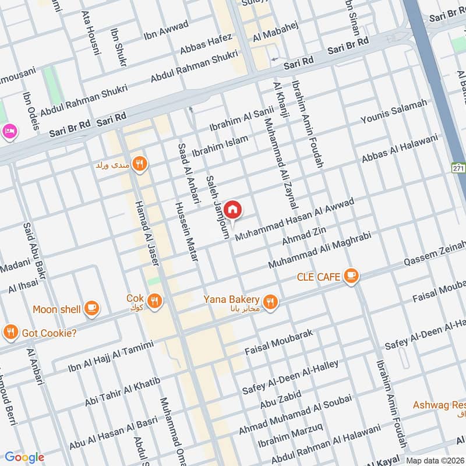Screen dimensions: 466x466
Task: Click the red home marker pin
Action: pos(232,209)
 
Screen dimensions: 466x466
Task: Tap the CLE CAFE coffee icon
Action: pos(350,277)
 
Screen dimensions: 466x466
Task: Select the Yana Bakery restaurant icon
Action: pos(269,301)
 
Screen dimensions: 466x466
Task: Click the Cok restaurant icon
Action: pos(154,301)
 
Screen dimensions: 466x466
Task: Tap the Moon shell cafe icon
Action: pos(91,309)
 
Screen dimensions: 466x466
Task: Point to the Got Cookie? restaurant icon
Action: pos(10,333)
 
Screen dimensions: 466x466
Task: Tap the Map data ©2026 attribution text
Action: pos(434,460)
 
